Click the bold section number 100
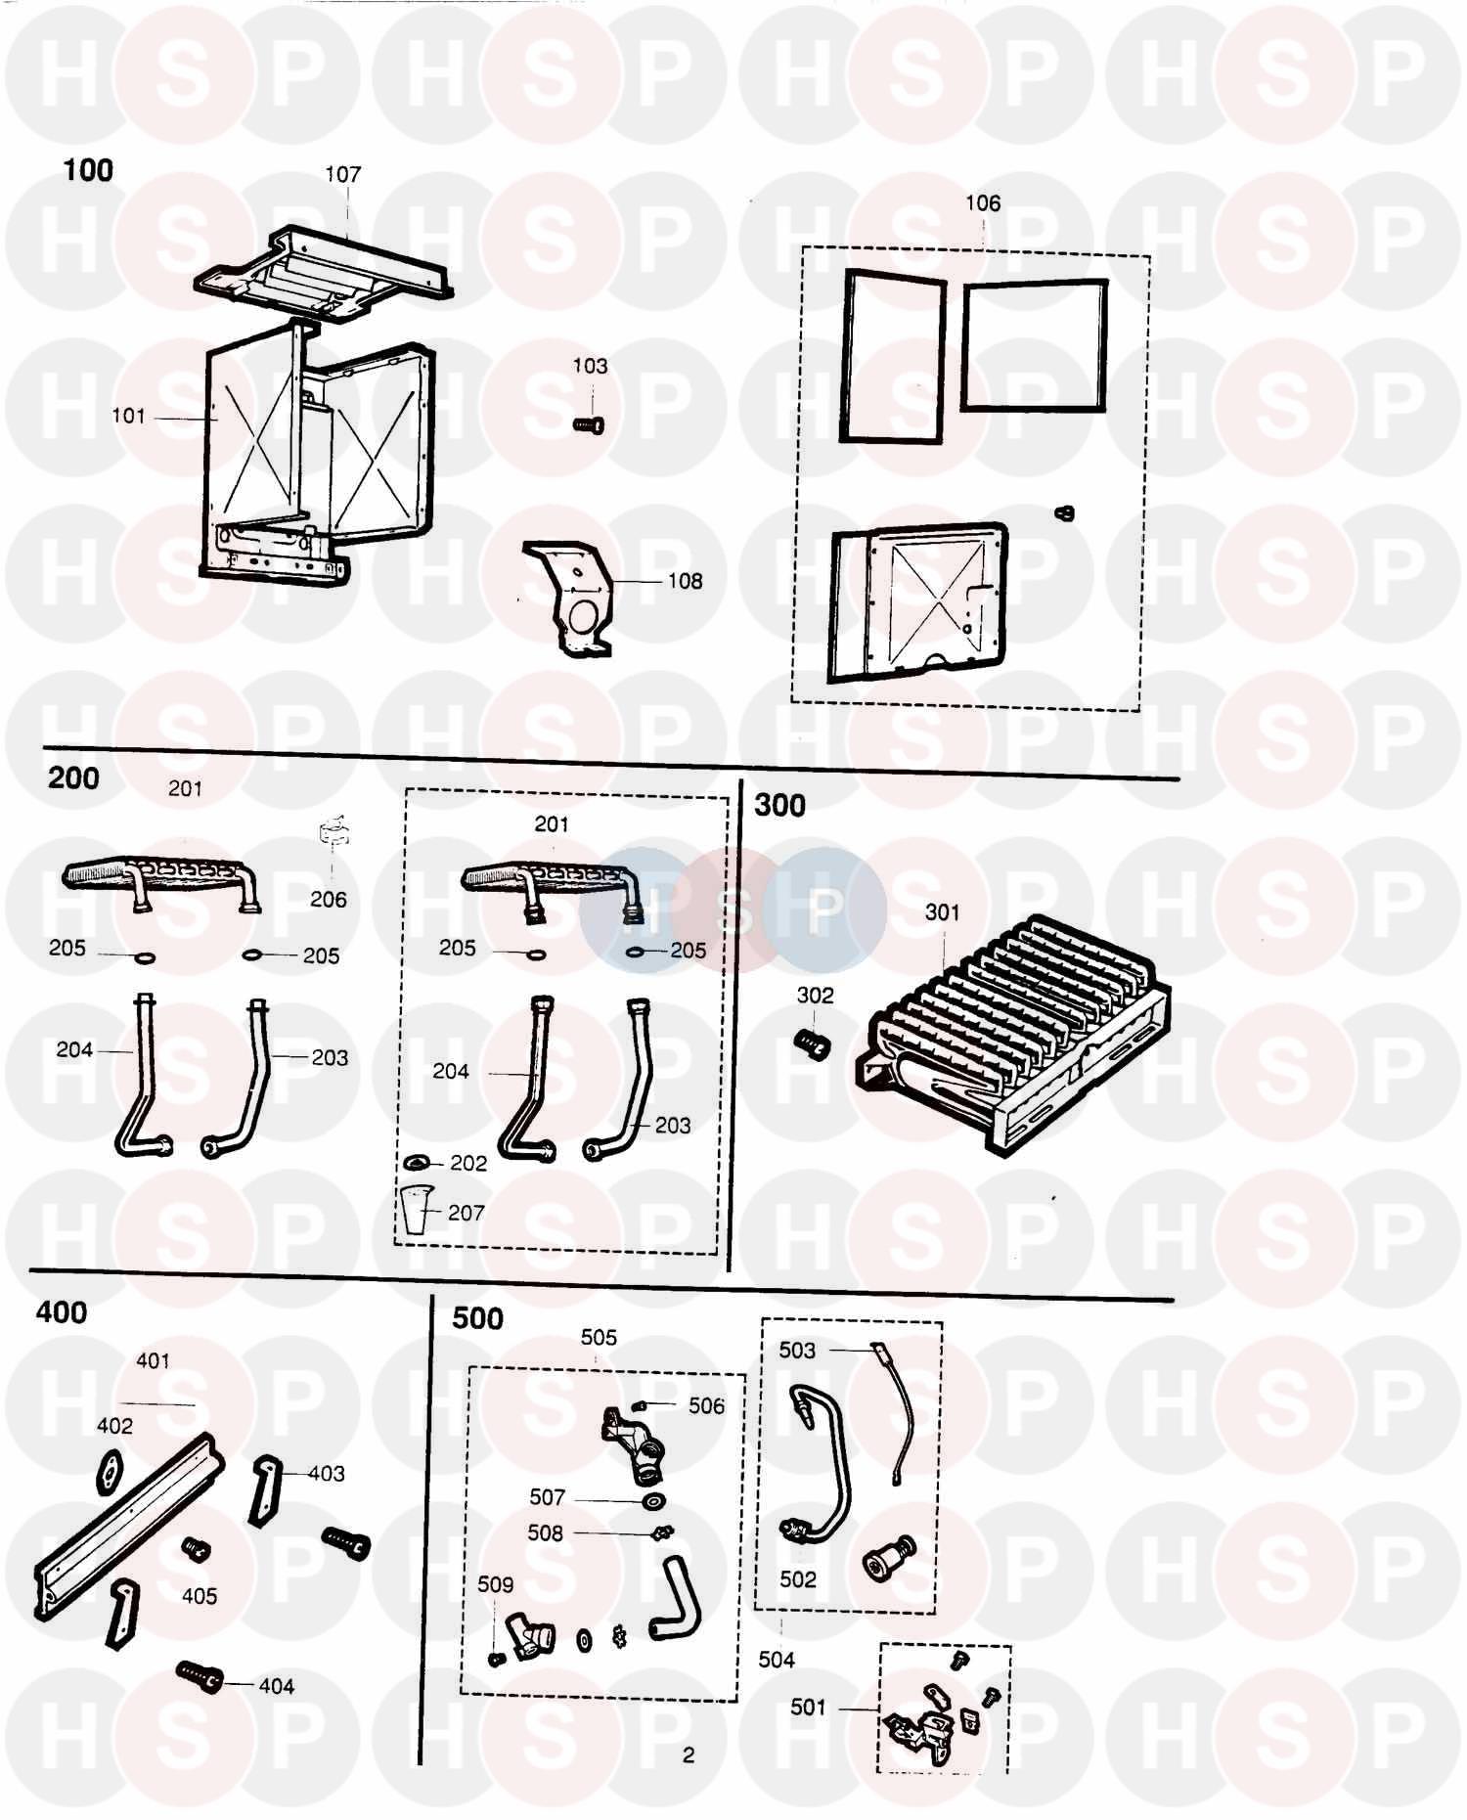(88, 170)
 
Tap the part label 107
(342, 174)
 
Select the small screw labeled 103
(587, 423)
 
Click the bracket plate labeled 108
(572, 597)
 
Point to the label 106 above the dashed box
(982, 203)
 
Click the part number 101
(128, 416)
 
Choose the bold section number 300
(779, 805)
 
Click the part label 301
(942, 911)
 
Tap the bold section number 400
(61, 1311)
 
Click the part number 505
(599, 1337)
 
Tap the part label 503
(796, 1350)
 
